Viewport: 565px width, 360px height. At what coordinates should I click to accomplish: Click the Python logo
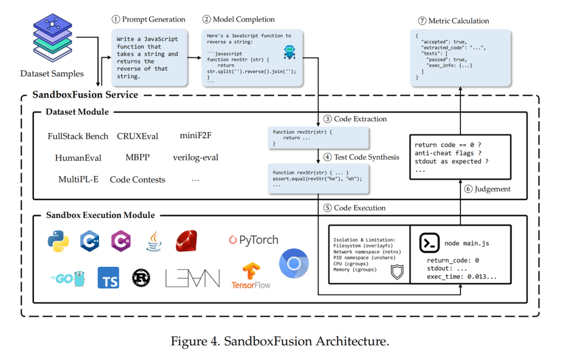[58, 241]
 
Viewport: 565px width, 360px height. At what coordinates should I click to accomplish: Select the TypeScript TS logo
[108, 277]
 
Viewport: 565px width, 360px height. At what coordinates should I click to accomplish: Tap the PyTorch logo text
[254, 240]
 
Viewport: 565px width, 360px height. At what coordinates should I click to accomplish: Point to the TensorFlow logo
[251, 276]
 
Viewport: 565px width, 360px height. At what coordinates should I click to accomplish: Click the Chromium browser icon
[294, 264]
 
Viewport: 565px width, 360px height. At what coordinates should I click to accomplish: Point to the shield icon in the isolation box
[397, 272]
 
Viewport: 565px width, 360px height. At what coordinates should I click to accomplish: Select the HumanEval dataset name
[78, 157]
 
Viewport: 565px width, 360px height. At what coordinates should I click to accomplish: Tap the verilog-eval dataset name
[196, 157]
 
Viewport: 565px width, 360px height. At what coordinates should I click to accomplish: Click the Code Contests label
[137, 179]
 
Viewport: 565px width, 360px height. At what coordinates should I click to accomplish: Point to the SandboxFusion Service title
[85, 95]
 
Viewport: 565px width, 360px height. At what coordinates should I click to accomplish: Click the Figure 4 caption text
[280, 342]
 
